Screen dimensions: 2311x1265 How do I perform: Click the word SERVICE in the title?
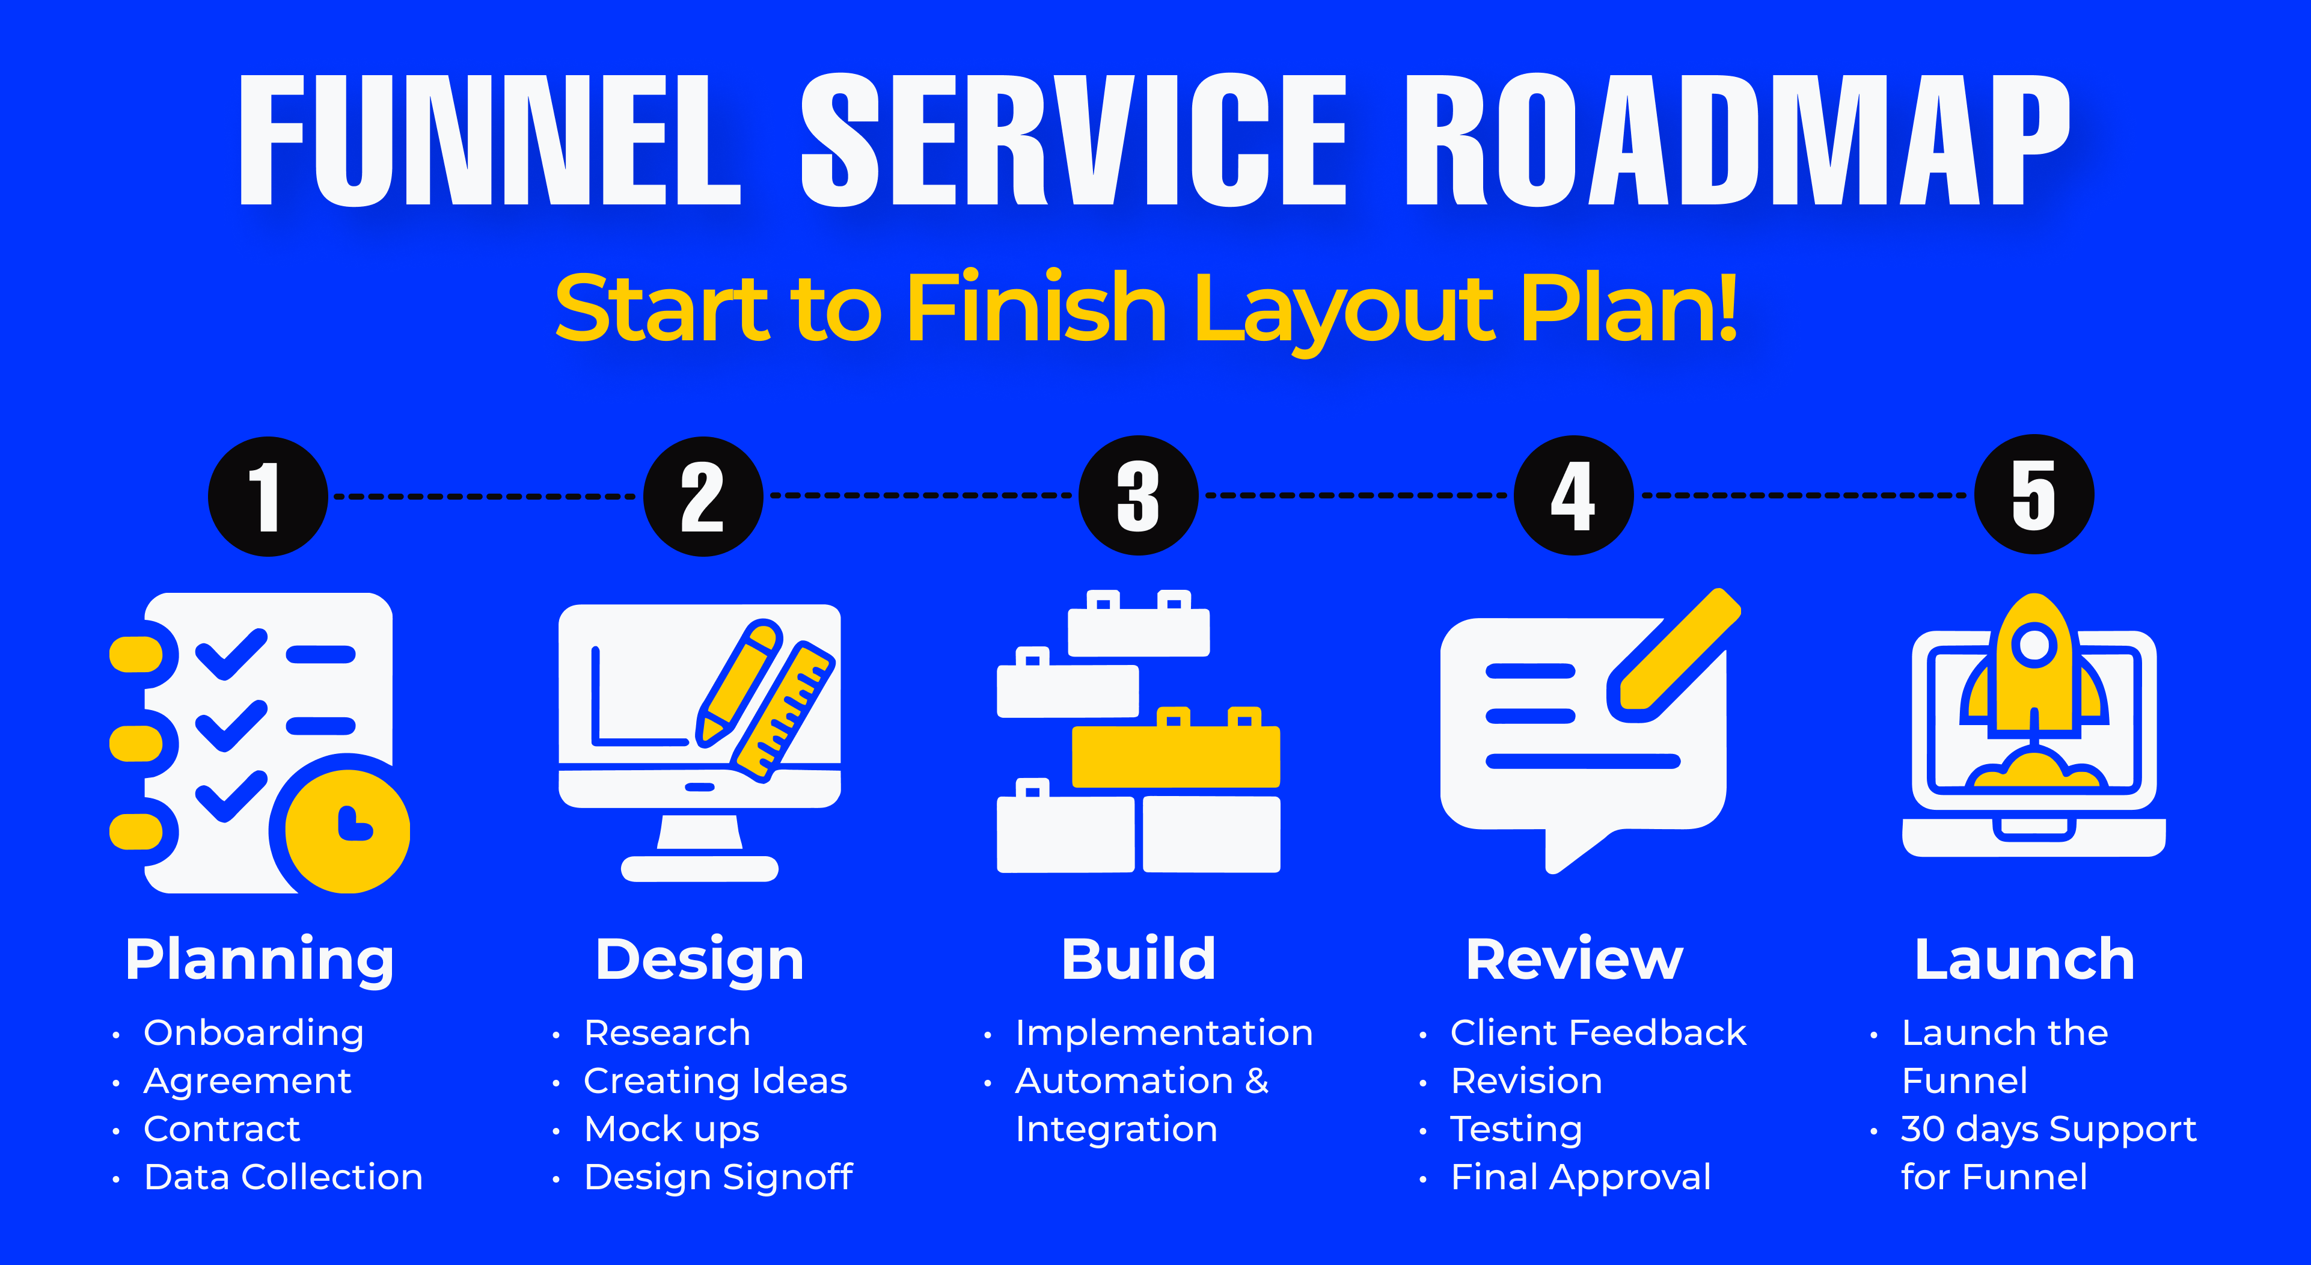pyautogui.click(x=1074, y=140)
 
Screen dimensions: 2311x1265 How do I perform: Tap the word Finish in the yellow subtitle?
pyautogui.click(x=1036, y=308)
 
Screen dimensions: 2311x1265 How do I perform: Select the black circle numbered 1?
pyautogui.click(x=268, y=496)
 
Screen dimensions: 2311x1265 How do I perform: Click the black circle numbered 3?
pyautogui.click(x=1139, y=495)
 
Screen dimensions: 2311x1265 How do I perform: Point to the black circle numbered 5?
pyautogui.click(x=2034, y=494)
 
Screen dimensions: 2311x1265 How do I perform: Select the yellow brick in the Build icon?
pyautogui.click(x=1176, y=748)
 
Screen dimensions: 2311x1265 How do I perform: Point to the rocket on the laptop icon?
pyautogui.click(x=2034, y=669)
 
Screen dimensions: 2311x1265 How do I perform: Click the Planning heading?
pyautogui.click(x=259, y=960)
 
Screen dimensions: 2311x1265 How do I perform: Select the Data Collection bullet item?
pyautogui.click(x=284, y=1177)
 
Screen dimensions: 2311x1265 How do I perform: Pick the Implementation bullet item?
pyautogui.click(x=1163, y=1034)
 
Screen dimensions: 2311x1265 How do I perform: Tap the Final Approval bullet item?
pyautogui.click(x=1581, y=1178)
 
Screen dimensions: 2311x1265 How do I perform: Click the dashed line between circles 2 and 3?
pyautogui.click(x=922, y=495)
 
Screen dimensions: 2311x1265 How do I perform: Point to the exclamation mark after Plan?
pyautogui.click(x=1724, y=306)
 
